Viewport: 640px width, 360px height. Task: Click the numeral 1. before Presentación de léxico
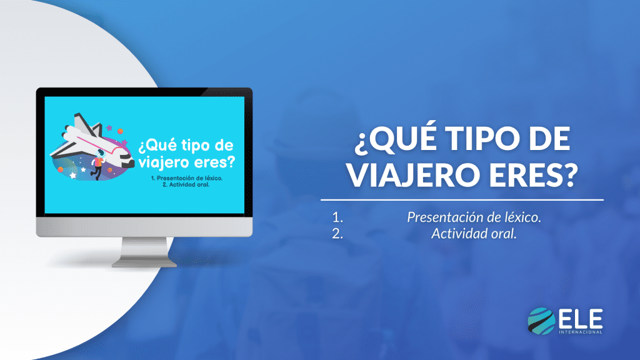(339, 217)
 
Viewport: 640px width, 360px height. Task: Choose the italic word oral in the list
(505, 234)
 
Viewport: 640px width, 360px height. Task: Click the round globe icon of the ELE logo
(541, 321)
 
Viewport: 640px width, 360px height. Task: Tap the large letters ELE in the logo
(581, 319)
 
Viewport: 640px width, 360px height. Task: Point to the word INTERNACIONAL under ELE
(581, 332)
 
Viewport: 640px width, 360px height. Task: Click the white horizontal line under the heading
(462, 201)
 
